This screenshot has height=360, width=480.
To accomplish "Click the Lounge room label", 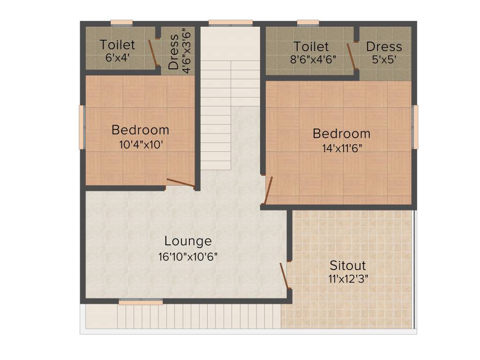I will (188, 241).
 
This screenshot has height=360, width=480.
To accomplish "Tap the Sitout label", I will (347, 265).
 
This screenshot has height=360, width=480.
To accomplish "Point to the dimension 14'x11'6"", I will (341, 148).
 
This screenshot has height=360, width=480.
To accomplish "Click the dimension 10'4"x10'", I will (141, 144).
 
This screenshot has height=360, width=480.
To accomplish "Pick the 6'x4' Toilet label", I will (117, 45).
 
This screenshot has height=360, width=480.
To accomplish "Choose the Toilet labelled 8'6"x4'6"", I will (311, 47).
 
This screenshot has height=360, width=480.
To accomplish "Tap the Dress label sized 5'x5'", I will (384, 47).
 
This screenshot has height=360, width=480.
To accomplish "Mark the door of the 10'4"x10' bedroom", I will (180, 183).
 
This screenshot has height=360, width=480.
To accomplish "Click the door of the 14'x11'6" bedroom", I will (268, 190).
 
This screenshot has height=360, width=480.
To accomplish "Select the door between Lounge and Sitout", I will (284, 276).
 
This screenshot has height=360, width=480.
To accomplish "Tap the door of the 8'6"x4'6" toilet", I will (351, 57).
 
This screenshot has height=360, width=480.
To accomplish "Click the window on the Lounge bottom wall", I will (141, 302).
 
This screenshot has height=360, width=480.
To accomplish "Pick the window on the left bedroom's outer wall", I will (82, 127).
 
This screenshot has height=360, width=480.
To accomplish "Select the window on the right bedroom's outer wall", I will (415, 127).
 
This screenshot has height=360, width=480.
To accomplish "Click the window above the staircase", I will (231, 22).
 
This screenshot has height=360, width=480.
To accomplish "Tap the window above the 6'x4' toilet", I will (121, 22).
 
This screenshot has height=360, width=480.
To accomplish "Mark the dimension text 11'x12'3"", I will (347, 279).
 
